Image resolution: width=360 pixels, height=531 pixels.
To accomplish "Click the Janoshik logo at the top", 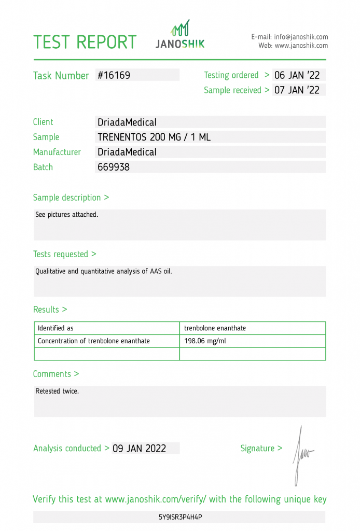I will [x=180, y=35].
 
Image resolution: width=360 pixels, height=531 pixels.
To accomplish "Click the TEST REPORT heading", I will [x=85, y=42].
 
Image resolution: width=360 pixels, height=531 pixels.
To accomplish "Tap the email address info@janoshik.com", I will [x=301, y=37].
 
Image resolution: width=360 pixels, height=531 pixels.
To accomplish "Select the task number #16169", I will [x=114, y=75].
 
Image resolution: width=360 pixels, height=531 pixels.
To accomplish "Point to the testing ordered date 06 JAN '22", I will [x=297, y=75].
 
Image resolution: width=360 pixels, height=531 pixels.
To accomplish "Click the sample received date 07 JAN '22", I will [x=297, y=90].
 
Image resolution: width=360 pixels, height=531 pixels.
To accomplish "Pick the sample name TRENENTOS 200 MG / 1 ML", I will [x=154, y=137].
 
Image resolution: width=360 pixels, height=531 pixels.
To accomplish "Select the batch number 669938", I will [x=114, y=167].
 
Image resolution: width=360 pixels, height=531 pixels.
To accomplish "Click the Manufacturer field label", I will [x=57, y=152].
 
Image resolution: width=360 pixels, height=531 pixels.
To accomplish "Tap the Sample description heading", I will [x=71, y=198].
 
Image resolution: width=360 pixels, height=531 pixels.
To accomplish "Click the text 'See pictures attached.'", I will [x=66, y=215].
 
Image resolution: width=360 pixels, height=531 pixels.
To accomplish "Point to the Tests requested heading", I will [x=64, y=254].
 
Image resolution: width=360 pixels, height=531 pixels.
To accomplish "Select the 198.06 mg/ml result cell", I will [x=205, y=341].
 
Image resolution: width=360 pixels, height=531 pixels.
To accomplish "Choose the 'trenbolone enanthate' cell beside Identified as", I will [x=215, y=328].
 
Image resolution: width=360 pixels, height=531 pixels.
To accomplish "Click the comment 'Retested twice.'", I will [x=57, y=392].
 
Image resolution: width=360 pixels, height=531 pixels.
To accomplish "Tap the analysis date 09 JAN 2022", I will [x=140, y=449].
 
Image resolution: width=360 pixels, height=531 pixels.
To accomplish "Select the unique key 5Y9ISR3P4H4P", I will [x=180, y=518].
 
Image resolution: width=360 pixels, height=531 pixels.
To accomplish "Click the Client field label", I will [x=43, y=122].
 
